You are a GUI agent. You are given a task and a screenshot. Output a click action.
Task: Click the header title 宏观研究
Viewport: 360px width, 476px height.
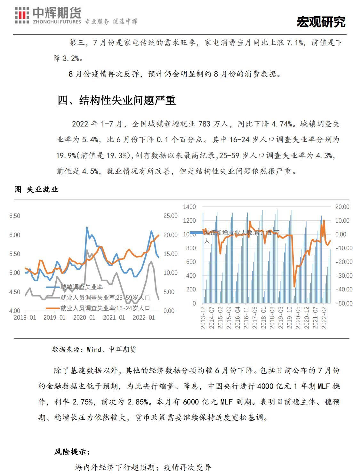click(x=321, y=22)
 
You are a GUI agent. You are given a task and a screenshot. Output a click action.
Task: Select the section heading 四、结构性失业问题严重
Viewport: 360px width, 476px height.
click(x=117, y=100)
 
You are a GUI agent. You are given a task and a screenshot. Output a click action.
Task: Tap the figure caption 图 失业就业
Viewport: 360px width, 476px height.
click(x=36, y=189)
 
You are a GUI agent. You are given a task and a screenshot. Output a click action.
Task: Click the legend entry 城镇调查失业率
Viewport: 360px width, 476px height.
click(x=82, y=287)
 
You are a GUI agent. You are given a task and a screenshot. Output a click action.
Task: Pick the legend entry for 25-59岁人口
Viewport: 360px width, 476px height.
click(x=105, y=297)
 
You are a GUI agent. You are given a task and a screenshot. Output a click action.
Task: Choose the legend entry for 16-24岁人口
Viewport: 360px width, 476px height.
click(x=105, y=308)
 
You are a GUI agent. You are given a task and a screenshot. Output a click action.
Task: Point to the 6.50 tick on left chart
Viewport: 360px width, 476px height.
click(x=15, y=216)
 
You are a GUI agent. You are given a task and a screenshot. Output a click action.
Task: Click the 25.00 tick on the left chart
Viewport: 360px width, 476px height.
click(x=170, y=216)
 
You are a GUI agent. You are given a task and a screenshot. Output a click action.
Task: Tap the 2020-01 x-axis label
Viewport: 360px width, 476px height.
click(x=84, y=318)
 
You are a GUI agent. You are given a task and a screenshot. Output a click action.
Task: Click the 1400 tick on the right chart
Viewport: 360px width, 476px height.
click(x=189, y=207)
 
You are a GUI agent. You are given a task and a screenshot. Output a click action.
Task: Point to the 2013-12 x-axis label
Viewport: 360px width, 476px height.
click(x=203, y=318)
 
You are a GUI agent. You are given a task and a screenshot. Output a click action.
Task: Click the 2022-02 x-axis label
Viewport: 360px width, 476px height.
click(x=324, y=318)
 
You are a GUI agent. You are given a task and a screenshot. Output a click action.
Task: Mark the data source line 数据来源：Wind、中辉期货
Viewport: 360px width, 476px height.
click(x=94, y=349)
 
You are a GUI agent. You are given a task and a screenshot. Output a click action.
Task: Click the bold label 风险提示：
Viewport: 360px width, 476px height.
click(x=72, y=452)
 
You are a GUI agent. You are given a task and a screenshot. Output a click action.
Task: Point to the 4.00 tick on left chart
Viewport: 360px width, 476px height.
click(x=15, y=311)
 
